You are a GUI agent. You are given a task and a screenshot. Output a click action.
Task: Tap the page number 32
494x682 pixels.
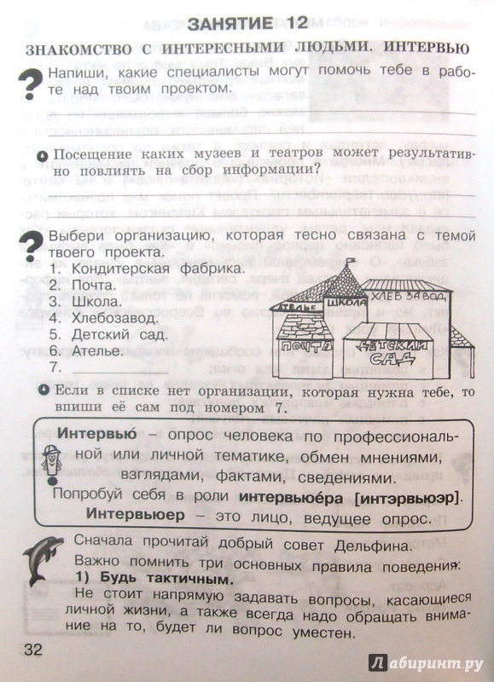(33, 650)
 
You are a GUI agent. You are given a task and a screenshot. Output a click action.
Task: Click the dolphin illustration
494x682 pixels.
(42, 560)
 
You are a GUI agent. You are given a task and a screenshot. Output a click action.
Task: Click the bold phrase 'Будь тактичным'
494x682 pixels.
(166, 579)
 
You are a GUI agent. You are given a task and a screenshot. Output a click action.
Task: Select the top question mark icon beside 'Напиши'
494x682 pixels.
(31, 84)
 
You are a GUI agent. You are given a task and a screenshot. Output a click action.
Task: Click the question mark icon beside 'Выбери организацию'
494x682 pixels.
(30, 246)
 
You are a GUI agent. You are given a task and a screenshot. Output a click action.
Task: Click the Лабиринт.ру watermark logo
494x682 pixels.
(426, 663)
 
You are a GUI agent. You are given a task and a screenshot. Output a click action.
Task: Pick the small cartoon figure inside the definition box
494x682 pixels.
(52, 464)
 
